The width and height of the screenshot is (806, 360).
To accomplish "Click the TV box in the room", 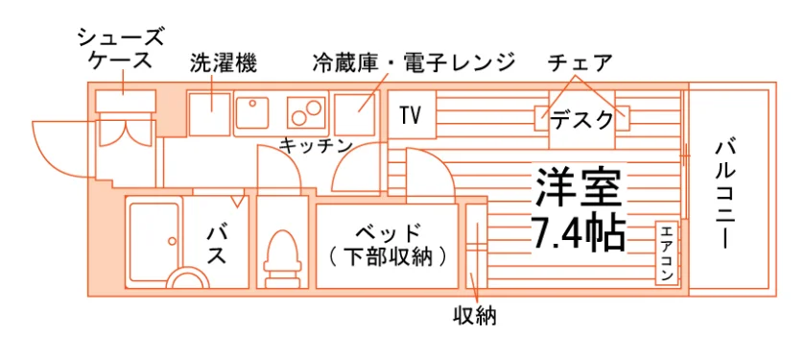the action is (x=412, y=114).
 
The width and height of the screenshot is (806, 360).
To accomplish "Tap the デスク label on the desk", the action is (x=581, y=120).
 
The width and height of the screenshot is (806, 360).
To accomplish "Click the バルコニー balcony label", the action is (x=724, y=194).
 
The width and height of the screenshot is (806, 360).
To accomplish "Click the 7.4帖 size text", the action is (x=579, y=232).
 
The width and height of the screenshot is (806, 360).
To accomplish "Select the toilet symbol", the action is (x=282, y=258).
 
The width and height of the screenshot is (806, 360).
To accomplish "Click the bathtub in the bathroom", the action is (x=154, y=242).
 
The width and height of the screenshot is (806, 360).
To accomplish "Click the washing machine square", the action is (x=209, y=114).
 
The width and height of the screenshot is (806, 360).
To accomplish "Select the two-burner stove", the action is (x=306, y=111).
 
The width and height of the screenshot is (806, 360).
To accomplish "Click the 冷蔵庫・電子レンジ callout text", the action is (x=413, y=62).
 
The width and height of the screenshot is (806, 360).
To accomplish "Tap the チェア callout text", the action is (x=580, y=62).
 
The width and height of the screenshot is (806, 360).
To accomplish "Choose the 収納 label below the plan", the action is (x=474, y=316).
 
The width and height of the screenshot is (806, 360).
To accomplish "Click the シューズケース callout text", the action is (x=121, y=49).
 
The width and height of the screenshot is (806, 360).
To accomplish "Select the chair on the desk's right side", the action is (x=623, y=118).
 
